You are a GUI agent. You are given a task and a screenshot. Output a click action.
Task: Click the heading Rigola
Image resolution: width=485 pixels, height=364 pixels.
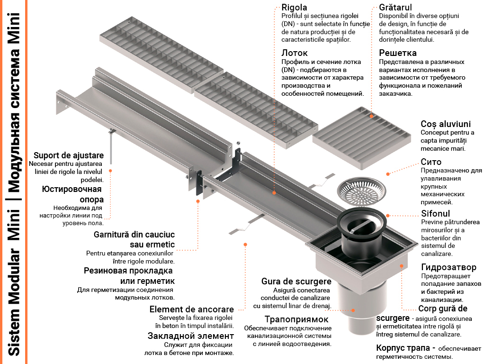(294, 8)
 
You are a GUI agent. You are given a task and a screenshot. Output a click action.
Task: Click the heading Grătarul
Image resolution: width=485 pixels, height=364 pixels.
(395, 8)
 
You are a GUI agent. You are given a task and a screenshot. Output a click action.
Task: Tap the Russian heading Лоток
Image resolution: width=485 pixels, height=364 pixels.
(295, 53)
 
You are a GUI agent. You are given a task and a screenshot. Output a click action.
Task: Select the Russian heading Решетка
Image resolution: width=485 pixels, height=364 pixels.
(398, 53)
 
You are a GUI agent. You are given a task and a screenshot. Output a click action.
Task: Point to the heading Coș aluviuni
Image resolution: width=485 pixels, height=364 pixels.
(445, 124)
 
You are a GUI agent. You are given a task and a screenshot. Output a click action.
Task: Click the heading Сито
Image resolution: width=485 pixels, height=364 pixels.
(431, 162)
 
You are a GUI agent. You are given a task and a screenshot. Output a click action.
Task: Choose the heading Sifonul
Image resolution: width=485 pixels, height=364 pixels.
(436, 213)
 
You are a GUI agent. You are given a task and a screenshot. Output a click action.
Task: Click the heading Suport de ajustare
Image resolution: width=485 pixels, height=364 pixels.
(69, 155)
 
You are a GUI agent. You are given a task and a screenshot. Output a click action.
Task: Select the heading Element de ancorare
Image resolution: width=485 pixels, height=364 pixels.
(192, 309)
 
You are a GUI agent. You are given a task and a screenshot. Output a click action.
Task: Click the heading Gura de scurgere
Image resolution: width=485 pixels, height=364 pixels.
(296, 282)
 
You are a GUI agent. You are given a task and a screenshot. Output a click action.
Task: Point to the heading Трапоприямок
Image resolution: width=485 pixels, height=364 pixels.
(296, 319)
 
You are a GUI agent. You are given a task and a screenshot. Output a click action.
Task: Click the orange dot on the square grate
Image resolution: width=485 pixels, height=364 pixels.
(372, 115)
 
